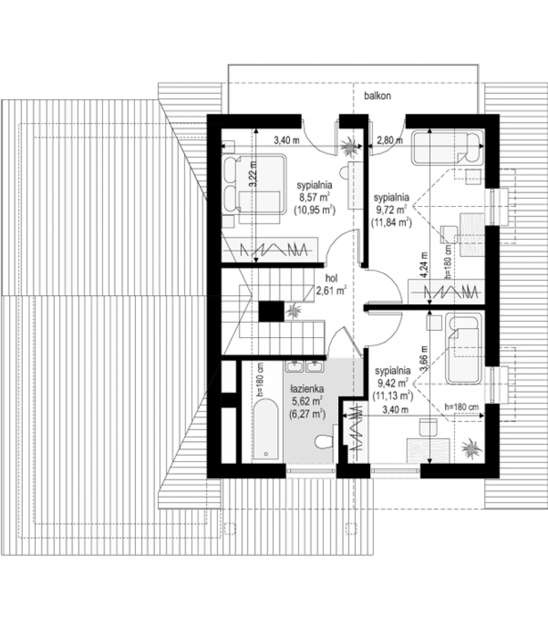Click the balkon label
pyautogui.click(x=378, y=96)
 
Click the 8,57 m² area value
pyautogui.click(x=314, y=196)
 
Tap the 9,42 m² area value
pyautogui.click(x=392, y=383)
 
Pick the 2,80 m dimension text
pyautogui.click(x=390, y=141)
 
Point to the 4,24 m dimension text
pyautogui.click(x=425, y=265)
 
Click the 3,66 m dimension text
pyautogui.click(x=425, y=358)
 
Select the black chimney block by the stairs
pyautogui.click(x=271, y=312)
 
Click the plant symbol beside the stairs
pyautogui.click(x=292, y=312)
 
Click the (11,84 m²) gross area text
pyautogui.click(x=391, y=222)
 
